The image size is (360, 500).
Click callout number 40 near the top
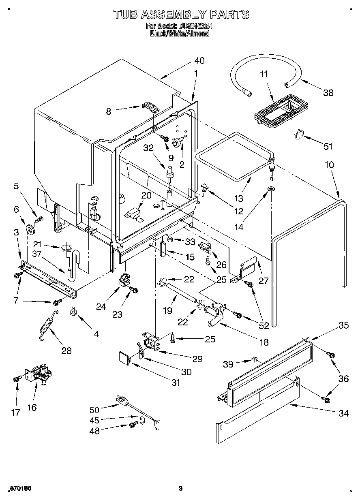[199, 61]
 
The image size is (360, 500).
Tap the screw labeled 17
[17, 379]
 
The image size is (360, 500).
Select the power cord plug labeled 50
[121, 401]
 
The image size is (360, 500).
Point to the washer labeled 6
[30, 229]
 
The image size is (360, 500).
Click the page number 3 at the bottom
[181, 488]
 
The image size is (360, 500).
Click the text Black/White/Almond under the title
[180, 34]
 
